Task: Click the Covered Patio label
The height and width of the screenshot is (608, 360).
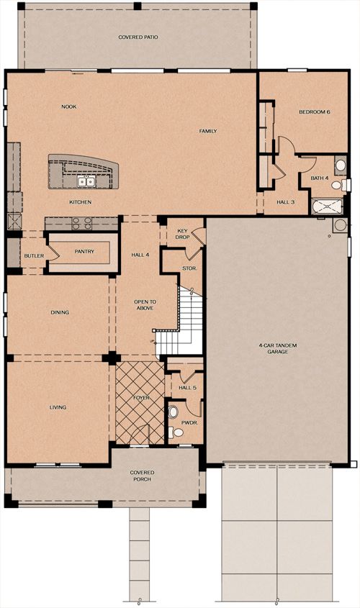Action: (x=138, y=37)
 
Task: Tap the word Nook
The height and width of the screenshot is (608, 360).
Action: (x=69, y=106)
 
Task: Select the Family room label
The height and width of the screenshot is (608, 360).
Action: (x=208, y=131)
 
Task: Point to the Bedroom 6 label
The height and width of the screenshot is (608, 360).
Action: (x=314, y=112)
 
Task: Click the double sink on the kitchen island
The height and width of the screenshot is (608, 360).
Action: (x=86, y=181)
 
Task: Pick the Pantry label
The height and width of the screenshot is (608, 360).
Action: (x=84, y=251)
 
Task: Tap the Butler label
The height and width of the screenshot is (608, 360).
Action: (x=34, y=256)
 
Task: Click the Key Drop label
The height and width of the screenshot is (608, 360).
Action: (x=182, y=234)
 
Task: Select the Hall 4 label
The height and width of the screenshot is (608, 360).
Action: (x=140, y=255)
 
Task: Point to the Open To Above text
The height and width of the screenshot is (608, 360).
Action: (x=145, y=305)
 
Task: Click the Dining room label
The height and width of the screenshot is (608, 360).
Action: (x=60, y=312)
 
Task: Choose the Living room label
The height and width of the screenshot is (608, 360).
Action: (x=58, y=407)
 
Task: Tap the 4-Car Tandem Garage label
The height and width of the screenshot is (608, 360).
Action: (x=278, y=348)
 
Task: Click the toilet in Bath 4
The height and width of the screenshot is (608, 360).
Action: (x=338, y=185)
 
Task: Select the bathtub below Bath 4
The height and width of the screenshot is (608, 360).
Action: (x=327, y=207)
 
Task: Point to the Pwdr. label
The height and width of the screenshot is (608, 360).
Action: (x=189, y=423)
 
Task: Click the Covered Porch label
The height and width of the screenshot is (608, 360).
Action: (x=142, y=476)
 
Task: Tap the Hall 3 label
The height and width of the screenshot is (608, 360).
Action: (x=286, y=202)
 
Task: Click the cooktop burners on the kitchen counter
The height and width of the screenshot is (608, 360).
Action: (x=82, y=223)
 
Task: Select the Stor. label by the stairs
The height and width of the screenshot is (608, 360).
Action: (x=189, y=268)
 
